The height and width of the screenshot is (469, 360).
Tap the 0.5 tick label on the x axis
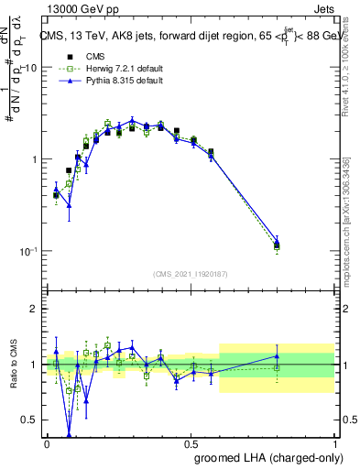coord(191,442)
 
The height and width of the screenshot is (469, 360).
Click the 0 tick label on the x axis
coord(47,442)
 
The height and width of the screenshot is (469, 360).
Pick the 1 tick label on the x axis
coord(335,442)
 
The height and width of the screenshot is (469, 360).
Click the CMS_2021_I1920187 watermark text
coord(191,273)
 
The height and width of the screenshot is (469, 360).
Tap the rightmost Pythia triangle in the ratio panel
coord(278,356)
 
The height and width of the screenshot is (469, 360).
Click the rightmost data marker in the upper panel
coord(278,244)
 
